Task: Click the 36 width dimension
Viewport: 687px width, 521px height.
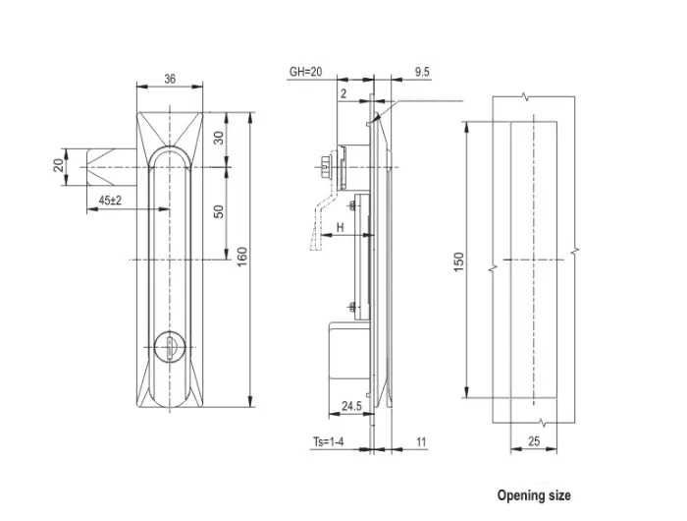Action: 170,79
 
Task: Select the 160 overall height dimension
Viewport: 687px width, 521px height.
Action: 242,257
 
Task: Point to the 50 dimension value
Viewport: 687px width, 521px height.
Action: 219,210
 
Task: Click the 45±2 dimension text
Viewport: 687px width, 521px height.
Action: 110,200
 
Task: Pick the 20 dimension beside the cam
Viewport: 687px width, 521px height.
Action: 58,164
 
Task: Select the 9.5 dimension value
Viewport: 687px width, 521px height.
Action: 422,72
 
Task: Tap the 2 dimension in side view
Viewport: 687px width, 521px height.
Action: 343,93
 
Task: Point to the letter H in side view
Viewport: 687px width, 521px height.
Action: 339,227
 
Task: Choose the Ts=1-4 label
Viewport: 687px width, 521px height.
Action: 328,443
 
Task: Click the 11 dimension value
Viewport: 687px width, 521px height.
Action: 421,443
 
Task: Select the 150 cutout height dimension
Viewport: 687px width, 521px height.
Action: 457,261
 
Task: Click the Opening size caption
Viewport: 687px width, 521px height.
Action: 533,495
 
